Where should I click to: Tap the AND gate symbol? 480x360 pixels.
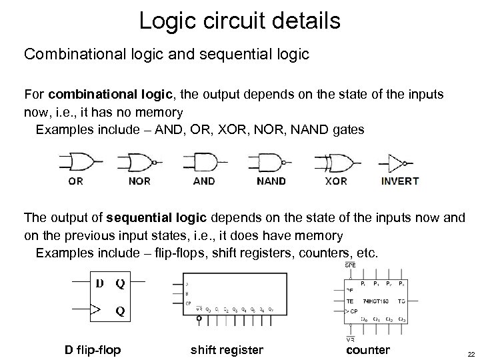[x=203, y=162]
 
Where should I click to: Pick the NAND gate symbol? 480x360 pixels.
[x=269, y=162]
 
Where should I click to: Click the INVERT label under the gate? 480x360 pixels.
[x=400, y=181]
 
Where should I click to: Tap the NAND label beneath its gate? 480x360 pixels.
[x=271, y=181]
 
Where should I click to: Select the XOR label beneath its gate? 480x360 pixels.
[x=336, y=181]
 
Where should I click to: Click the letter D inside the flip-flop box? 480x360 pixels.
[x=99, y=283]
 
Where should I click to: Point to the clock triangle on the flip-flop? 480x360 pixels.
[x=97, y=309]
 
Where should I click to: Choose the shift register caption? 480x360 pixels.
[x=227, y=350]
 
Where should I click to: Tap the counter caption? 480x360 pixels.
[x=368, y=350]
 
